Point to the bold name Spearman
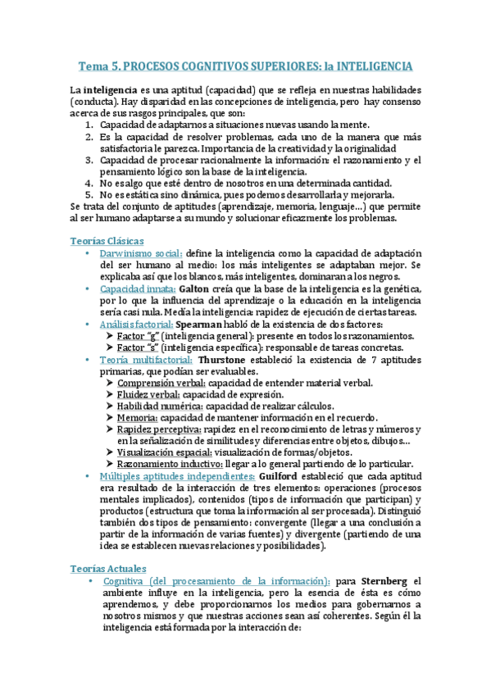pos(204,325)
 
